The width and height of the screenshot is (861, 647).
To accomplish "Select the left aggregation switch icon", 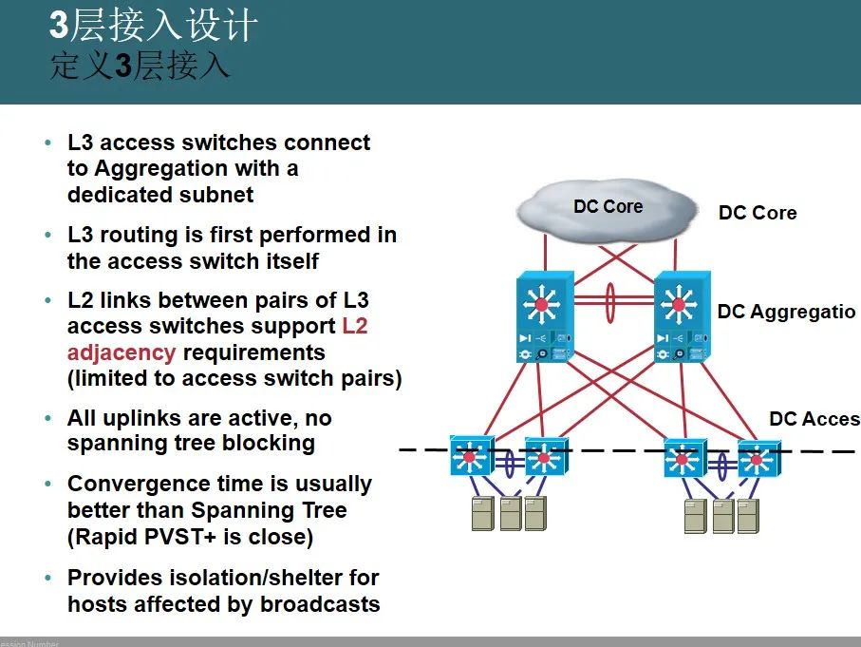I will (x=542, y=318).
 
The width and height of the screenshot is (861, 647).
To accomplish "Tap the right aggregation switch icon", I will (x=678, y=318).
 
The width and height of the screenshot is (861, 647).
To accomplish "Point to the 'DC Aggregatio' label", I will (x=786, y=312).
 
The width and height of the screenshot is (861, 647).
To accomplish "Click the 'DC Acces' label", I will (x=814, y=419).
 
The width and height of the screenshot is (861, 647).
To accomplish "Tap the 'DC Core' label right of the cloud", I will (x=757, y=213).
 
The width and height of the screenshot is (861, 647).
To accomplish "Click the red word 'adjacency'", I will (x=121, y=352).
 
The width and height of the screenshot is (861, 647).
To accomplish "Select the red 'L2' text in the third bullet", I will (x=354, y=326).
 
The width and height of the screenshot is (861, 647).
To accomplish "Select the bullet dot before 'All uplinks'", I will (x=48, y=418).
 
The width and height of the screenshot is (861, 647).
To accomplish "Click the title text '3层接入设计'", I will (x=153, y=26).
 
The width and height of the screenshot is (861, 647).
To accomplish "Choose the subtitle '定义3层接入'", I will (x=140, y=67).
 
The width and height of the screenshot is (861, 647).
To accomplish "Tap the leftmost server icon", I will (x=484, y=513).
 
